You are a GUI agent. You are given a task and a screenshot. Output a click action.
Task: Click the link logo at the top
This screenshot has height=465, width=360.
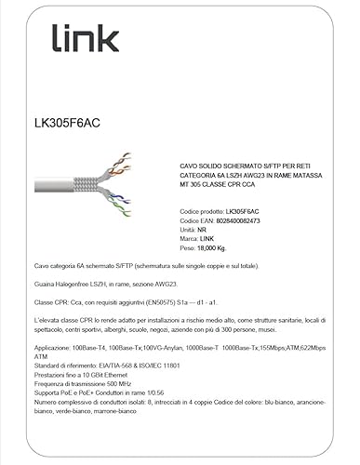click(x=85, y=38)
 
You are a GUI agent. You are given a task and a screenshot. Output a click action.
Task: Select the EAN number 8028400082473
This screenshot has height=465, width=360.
click(x=247, y=220)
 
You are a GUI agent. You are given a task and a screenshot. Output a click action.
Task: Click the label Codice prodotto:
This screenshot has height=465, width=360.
click(x=202, y=211)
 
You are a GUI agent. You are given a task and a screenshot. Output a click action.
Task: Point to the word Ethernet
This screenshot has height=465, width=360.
click(x=121, y=375)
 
